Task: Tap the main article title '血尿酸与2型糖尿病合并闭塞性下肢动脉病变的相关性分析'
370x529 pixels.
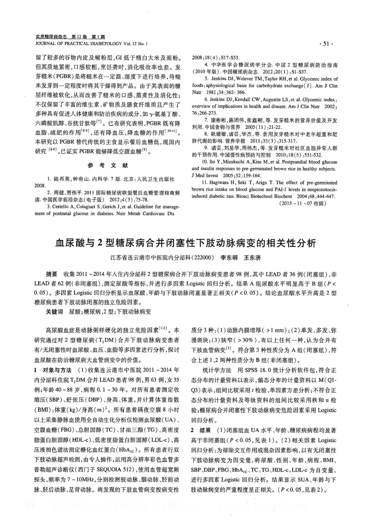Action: point(185,243)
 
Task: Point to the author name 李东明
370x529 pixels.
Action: point(229,258)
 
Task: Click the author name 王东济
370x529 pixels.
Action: point(252,258)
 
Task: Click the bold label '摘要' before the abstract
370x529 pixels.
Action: point(52,274)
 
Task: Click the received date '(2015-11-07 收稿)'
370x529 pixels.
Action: point(303,204)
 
